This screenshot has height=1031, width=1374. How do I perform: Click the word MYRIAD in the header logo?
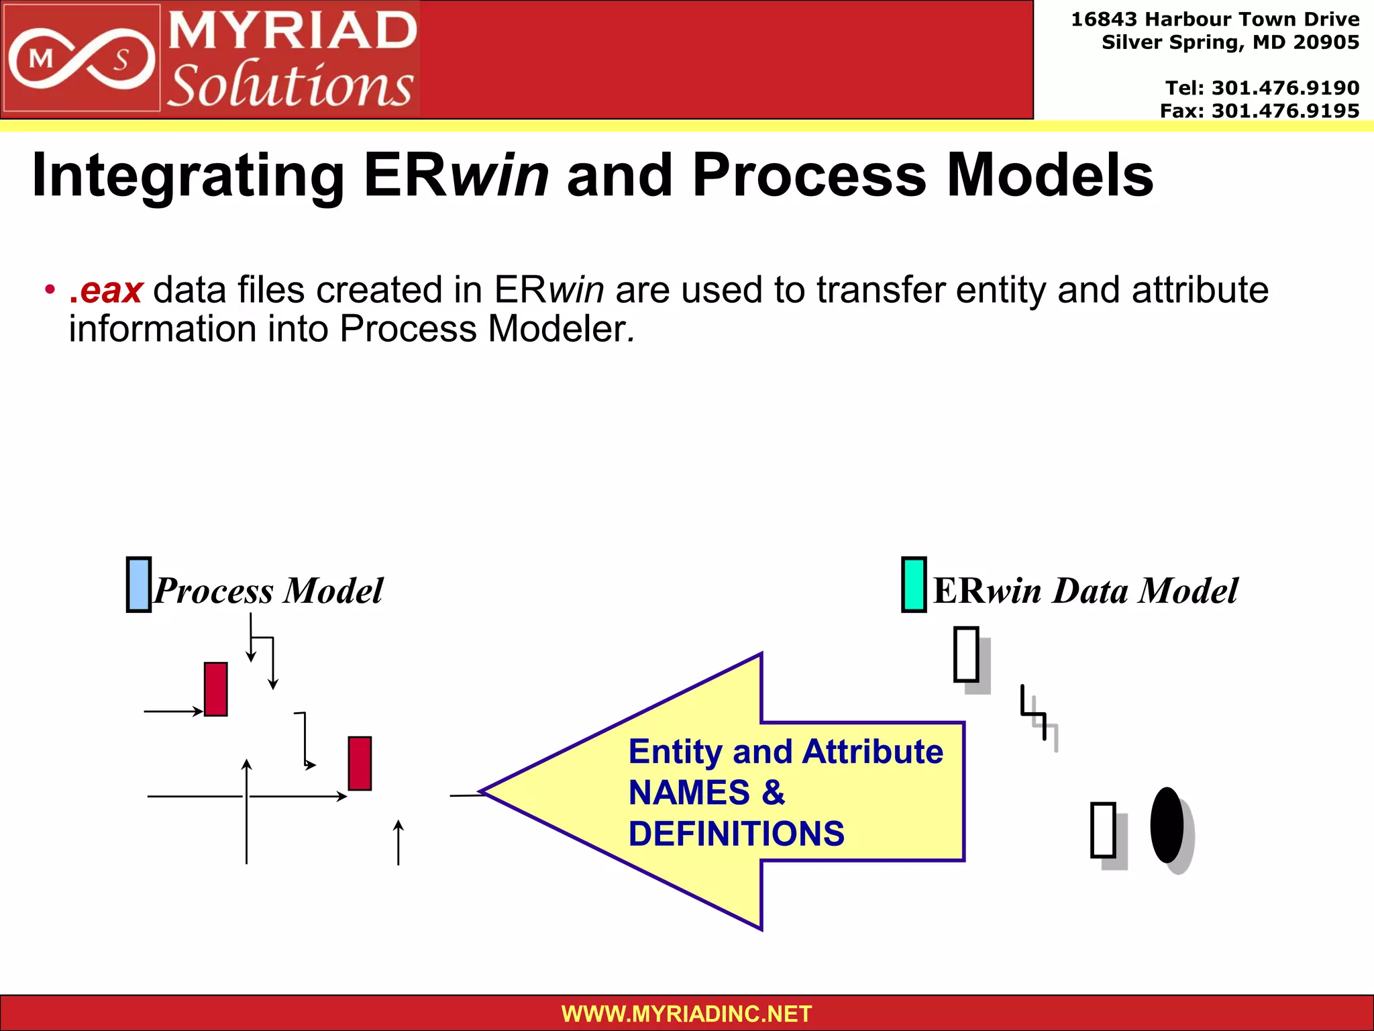click(293, 31)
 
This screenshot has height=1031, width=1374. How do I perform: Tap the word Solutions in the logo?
click(290, 86)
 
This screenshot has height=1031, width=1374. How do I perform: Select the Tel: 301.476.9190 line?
click(1262, 88)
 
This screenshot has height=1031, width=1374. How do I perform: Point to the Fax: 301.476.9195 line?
click(1259, 111)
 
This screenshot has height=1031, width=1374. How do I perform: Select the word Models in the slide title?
click(1050, 176)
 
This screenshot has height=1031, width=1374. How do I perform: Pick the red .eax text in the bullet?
click(106, 291)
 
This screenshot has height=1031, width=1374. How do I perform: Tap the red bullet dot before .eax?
click(49, 290)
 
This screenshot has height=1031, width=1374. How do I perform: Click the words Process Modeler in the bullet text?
click(482, 330)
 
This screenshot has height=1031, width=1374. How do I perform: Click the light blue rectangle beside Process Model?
click(139, 585)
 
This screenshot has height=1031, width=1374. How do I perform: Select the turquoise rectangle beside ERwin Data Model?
click(914, 585)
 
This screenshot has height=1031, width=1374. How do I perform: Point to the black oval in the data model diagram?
click(1167, 825)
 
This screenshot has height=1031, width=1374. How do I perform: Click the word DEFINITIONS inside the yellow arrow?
click(736, 834)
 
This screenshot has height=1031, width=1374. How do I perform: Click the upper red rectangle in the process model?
click(215, 689)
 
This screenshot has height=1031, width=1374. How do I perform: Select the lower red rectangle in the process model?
click(360, 764)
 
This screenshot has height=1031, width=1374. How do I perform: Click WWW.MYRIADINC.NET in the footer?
click(686, 1014)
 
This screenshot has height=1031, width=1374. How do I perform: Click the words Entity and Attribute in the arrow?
click(786, 752)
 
